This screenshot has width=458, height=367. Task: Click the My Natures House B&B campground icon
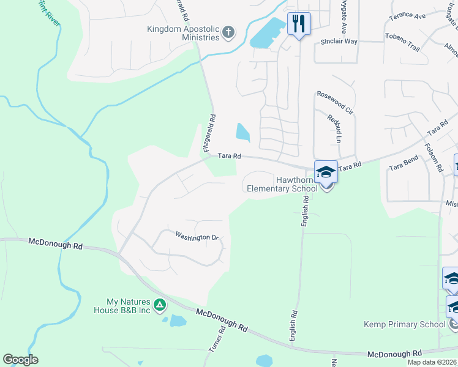(x=159, y=304)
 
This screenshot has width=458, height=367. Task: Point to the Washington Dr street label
(x=197, y=236)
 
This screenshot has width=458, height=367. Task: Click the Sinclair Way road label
(x=339, y=42)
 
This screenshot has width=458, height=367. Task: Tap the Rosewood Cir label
(x=335, y=103)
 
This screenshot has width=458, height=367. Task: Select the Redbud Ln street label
(x=334, y=128)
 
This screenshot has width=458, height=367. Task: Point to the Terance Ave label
(x=407, y=15)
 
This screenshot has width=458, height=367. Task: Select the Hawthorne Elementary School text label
(x=282, y=184)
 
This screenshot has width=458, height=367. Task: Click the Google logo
(x=20, y=360)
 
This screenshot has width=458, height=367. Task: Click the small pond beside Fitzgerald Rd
(x=242, y=131)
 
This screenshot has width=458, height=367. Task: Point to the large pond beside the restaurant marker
(x=268, y=34)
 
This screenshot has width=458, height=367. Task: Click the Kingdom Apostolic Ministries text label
(x=183, y=33)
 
